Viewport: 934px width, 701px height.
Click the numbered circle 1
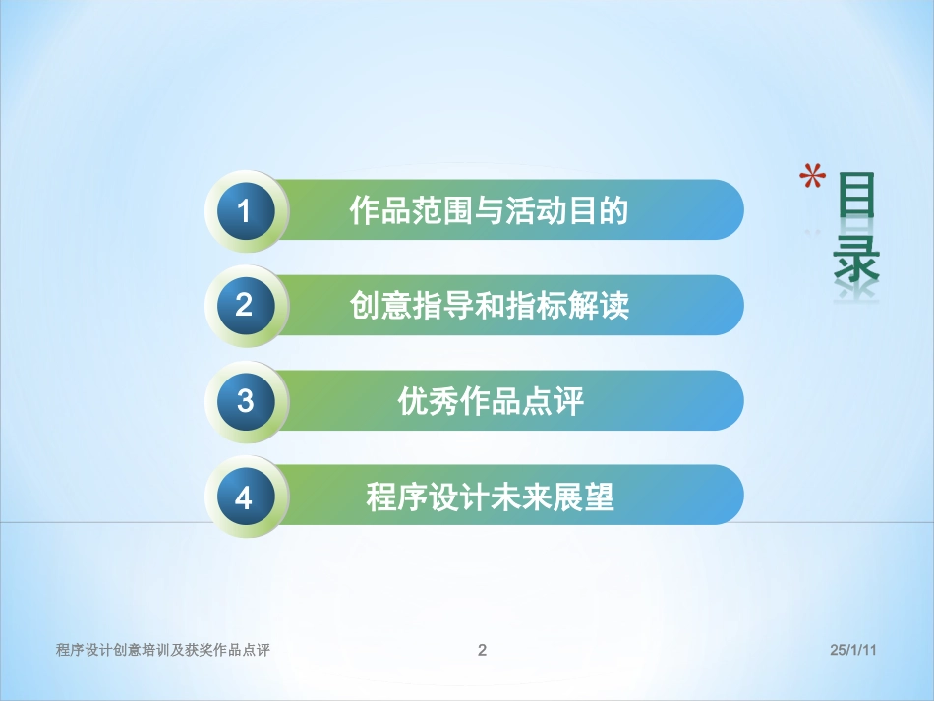245,211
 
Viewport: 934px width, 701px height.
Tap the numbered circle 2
245,306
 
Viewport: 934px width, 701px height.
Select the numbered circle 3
245,401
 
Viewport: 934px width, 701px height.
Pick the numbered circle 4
245,497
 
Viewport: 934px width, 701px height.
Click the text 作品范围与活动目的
489,211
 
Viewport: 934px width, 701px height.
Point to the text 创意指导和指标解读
489,306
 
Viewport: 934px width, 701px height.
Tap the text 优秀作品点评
491,401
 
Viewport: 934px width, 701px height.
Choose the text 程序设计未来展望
490,497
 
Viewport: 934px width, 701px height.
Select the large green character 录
855,258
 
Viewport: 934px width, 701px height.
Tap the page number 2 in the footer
482,650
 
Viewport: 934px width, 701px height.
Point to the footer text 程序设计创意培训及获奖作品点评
163,650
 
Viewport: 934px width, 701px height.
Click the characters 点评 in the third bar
554,401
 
